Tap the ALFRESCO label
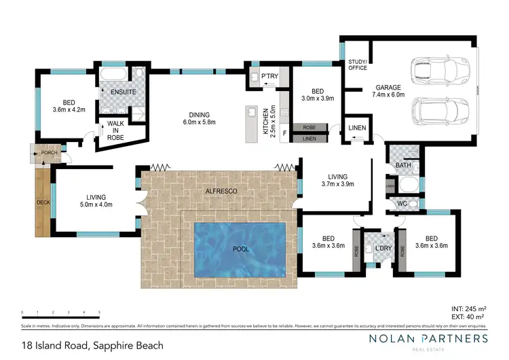click(x=221, y=192)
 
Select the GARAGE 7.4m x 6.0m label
click(x=388, y=92)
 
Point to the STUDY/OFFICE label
click(x=357, y=65)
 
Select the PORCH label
click(x=49, y=152)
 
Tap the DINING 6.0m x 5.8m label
click(x=200, y=118)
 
